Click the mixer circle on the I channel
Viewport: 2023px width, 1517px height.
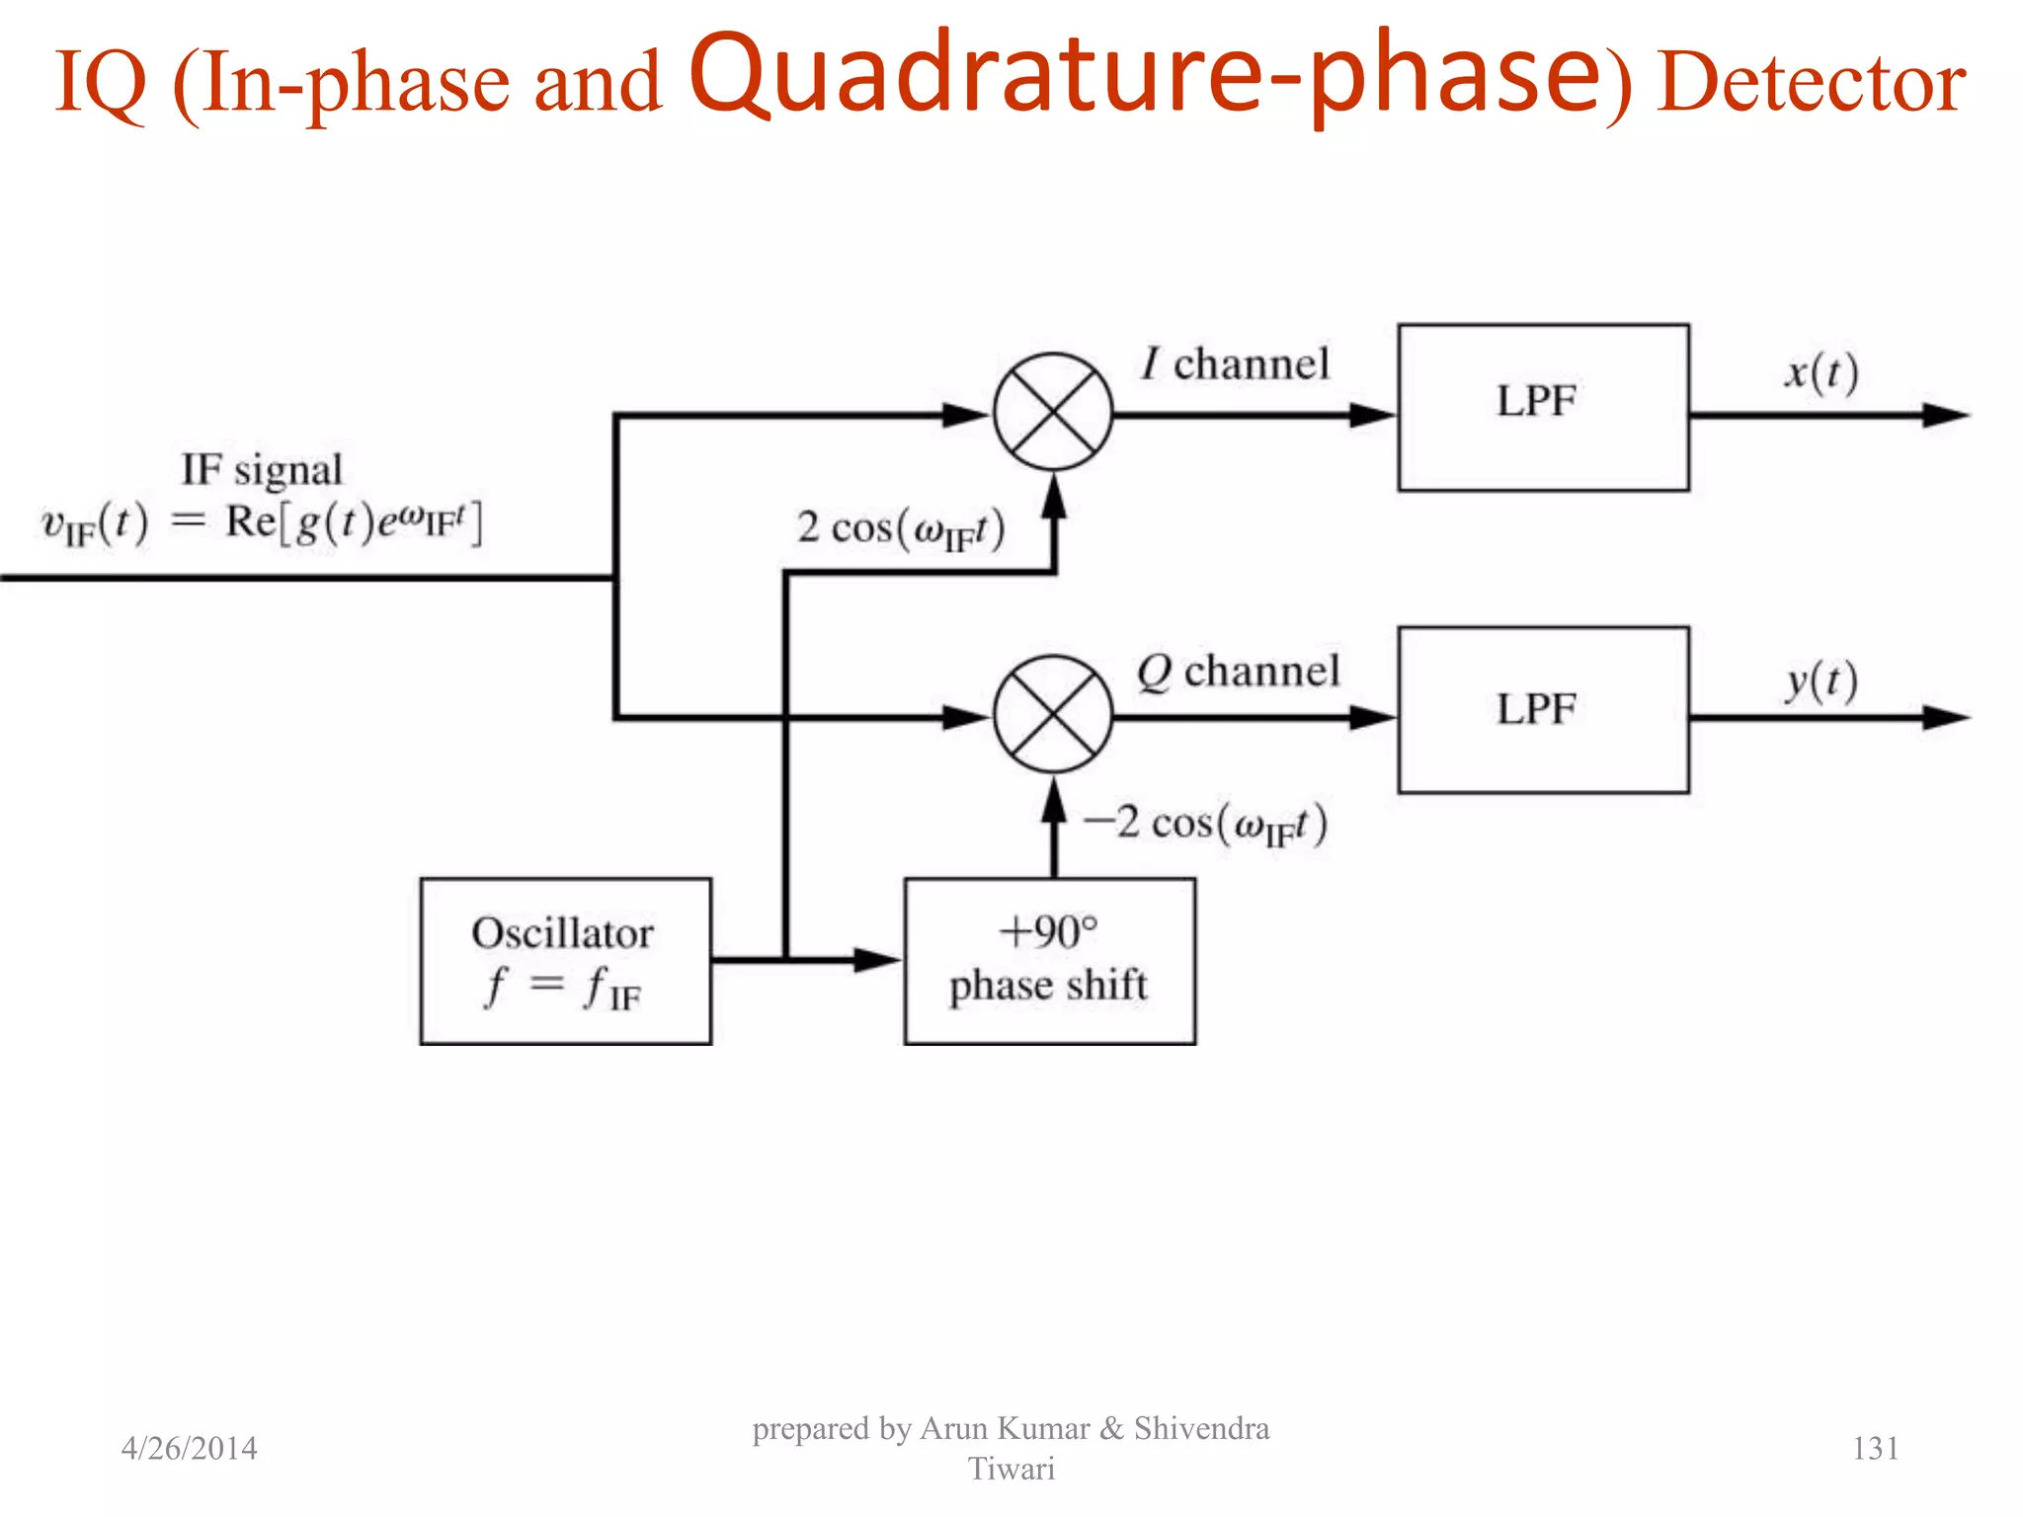click(1053, 412)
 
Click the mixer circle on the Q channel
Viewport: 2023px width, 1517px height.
click(1053, 714)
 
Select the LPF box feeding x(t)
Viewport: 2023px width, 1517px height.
click(1543, 407)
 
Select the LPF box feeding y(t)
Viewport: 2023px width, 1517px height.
click(1543, 709)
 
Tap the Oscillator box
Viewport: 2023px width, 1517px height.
click(565, 961)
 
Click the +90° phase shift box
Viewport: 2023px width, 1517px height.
click(1049, 961)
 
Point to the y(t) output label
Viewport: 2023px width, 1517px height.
click(1821, 680)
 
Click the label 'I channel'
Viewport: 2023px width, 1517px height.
click(1236, 364)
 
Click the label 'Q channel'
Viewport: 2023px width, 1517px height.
click(1238, 672)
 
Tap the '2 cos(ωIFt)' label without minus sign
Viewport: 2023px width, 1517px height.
click(901, 528)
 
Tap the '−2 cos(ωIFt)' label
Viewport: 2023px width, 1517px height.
click(1205, 824)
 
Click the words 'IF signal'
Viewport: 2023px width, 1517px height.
click(262, 470)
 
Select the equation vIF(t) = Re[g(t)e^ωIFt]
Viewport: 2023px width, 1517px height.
click(262, 523)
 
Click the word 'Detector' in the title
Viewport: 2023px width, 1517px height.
click(1811, 83)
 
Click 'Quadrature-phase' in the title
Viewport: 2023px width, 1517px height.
click(1144, 75)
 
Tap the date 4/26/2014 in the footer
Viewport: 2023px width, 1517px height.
click(189, 1448)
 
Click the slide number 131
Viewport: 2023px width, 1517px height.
click(1875, 1448)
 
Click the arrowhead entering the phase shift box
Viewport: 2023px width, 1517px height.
click(877, 959)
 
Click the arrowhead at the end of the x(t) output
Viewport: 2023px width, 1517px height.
click(1946, 415)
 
